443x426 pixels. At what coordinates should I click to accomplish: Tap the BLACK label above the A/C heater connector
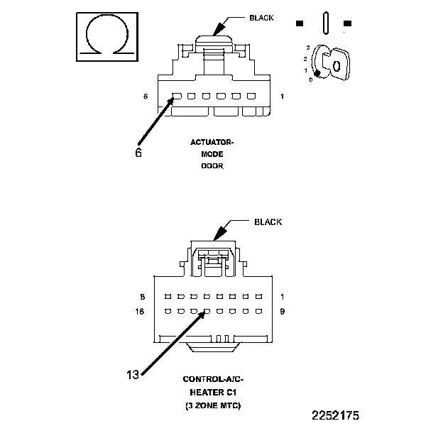click(268, 222)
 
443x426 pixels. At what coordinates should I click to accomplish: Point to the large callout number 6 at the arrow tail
click(138, 151)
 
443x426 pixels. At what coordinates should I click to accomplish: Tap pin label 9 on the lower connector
click(282, 311)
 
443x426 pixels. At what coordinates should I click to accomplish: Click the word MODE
click(212, 154)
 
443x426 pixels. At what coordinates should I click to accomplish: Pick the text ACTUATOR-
click(212, 143)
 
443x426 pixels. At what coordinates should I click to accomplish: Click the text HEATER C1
click(213, 392)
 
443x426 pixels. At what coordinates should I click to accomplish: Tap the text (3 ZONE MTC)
click(213, 405)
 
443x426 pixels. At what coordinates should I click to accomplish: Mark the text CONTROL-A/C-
click(213, 380)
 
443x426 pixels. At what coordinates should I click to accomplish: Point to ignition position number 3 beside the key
click(307, 46)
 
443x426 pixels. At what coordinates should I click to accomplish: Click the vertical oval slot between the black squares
click(324, 22)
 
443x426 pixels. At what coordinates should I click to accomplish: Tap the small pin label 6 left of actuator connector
click(146, 97)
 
